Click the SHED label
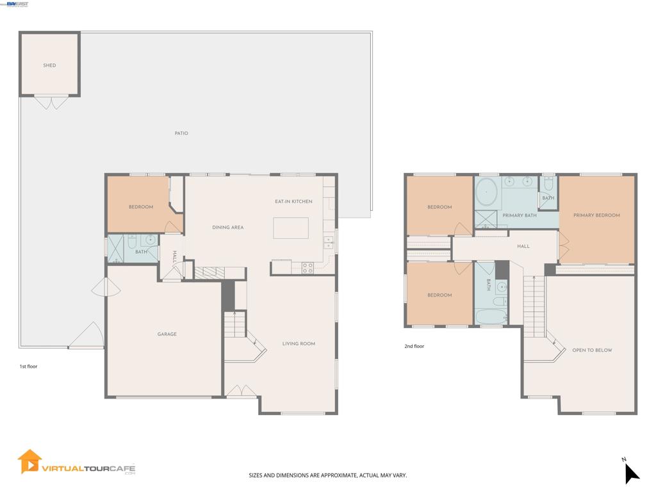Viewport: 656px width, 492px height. (49, 65)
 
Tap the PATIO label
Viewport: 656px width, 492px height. (181, 133)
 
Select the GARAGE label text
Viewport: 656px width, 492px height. (167, 334)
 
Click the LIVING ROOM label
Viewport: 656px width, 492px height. (299, 343)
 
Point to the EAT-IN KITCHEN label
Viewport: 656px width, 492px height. (293, 201)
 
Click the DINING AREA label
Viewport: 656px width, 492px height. (228, 227)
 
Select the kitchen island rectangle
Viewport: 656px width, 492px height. (291, 228)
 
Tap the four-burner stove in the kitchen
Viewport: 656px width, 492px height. (307, 268)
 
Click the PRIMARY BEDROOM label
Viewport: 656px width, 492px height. (596, 215)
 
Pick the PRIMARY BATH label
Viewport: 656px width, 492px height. (520, 215)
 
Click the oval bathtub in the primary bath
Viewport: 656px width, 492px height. (486, 192)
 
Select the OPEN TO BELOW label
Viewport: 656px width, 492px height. (592, 350)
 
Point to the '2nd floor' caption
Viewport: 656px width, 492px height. (414, 346)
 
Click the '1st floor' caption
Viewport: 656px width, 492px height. (28, 366)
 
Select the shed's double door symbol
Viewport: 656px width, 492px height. (51, 103)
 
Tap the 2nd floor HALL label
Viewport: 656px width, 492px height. (523, 247)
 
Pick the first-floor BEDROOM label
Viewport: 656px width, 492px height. (141, 207)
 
